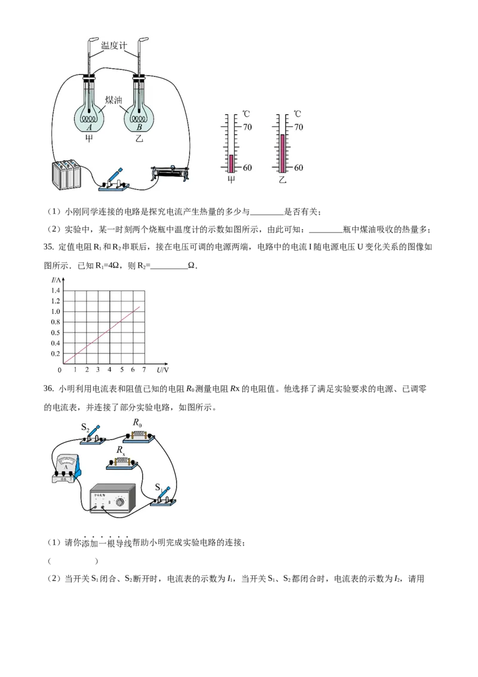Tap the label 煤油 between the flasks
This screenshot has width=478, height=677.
tap(114, 100)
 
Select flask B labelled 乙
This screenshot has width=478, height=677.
tap(139, 117)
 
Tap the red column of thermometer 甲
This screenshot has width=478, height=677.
tap(231, 163)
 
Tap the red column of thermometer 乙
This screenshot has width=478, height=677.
tap(283, 153)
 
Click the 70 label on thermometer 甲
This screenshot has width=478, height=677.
tap(247, 127)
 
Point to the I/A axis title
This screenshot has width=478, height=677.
tap(57, 280)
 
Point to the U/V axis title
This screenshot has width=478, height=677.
tap(163, 371)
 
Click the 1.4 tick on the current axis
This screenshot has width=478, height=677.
tap(56, 291)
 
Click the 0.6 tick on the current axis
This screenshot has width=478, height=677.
tap(56, 333)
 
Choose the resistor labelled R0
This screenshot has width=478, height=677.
tap(139, 435)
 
